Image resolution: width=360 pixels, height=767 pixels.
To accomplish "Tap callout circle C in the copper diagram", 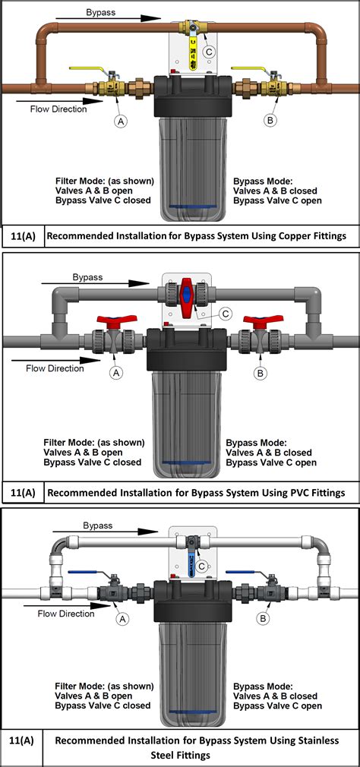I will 209,51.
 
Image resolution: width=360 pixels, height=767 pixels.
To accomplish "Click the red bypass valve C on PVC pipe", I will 188,292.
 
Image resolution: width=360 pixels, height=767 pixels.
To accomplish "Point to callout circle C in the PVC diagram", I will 224,312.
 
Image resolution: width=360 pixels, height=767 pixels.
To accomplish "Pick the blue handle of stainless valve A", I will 84,573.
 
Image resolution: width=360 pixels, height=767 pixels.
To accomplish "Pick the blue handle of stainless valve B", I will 242,573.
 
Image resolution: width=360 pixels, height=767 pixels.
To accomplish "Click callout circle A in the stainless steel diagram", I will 122,618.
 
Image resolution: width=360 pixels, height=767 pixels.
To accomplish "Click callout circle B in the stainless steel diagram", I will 263,618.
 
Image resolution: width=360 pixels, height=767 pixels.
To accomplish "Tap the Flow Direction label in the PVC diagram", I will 55,368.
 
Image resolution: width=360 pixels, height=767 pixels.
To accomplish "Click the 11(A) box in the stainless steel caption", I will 21,740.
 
